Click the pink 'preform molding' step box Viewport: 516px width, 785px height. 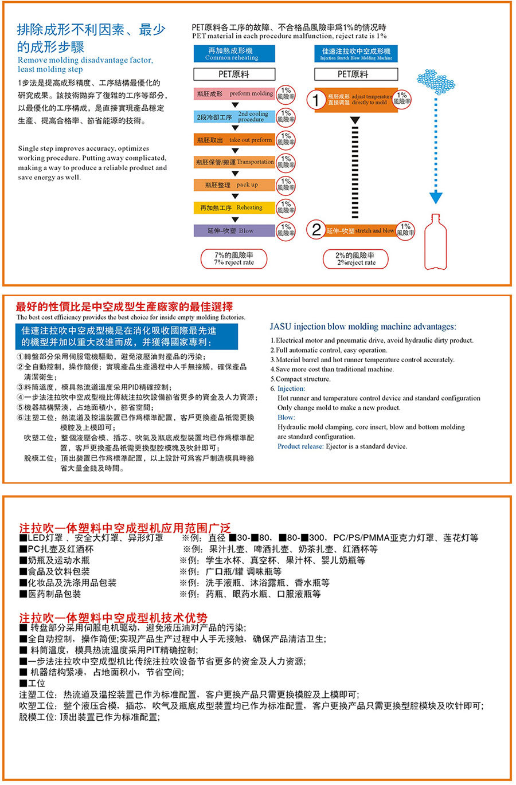(x=234, y=93)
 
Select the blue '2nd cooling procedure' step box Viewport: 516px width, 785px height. (x=234, y=117)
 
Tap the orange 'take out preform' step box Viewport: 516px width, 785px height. (x=234, y=140)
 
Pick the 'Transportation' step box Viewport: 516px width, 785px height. (x=234, y=162)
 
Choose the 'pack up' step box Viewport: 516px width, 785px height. (x=234, y=185)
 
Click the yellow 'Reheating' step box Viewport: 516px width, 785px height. (x=234, y=208)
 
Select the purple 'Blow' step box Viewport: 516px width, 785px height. (x=234, y=231)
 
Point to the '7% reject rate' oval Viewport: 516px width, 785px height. (x=234, y=259)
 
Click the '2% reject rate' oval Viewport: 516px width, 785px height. (x=356, y=259)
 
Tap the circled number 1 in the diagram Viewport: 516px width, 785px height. (x=316, y=100)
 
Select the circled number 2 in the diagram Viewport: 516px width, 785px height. (x=316, y=230)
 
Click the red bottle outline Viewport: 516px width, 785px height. (x=436, y=243)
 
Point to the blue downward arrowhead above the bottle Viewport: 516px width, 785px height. (x=436, y=198)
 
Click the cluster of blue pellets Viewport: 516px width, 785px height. (x=437, y=81)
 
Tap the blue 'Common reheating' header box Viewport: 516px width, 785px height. (x=234, y=54)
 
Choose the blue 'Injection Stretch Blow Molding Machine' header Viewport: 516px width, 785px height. (x=356, y=54)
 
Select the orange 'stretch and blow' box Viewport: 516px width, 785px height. (x=361, y=230)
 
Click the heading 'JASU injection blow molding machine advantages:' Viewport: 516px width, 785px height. (x=363, y=327)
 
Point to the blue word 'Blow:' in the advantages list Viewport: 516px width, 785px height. (x=286, y=418)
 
